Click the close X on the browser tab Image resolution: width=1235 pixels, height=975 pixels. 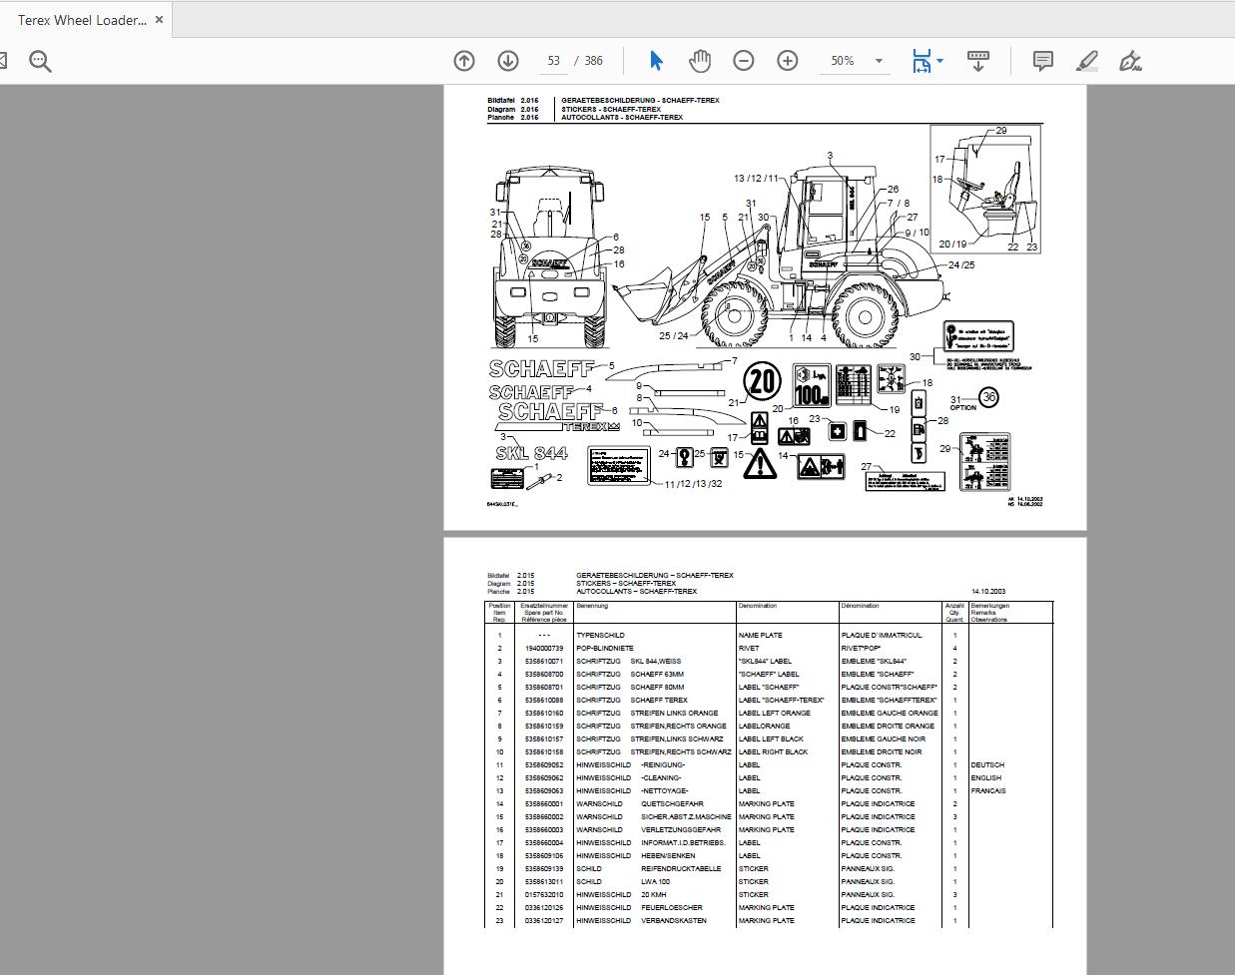[159, 20]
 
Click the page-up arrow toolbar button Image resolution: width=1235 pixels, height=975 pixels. [464, 61]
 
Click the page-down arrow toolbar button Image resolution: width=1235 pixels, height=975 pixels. [508, 61]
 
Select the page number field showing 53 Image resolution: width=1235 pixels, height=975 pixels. [554, 61]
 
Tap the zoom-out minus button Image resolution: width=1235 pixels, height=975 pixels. [744, 61]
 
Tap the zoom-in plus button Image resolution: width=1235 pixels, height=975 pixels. [788, 61]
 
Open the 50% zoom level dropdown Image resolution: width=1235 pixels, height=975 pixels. [857, 61]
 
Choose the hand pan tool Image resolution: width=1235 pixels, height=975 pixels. [700, 61]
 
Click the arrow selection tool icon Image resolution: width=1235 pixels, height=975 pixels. [656, 61]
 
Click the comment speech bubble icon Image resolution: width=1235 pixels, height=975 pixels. [1042, 61]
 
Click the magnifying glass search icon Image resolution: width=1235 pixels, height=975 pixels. [40, 61]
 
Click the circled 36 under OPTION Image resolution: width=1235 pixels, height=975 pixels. [988, 397]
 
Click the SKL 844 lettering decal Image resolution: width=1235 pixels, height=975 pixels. [531, 453]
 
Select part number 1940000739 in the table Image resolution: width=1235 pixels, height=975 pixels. [544, 649]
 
